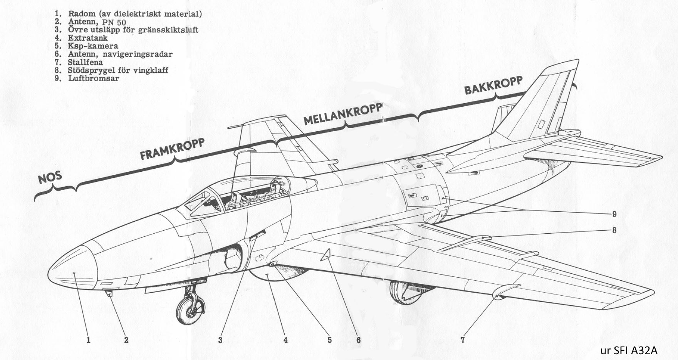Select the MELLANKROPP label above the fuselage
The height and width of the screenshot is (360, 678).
pyautogui.click(x=343, y=114)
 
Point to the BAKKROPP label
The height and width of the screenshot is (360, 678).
pyautogui.click(x=493, y=85)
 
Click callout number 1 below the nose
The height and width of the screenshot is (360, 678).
pyautogui.click(x=89, y=340)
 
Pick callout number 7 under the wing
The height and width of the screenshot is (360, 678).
pyautogui.click(x=463, y=340)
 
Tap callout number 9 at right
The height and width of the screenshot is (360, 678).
pyautogui.click(x=614, y=214)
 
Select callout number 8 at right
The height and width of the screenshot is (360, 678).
pyautogui.click(x=614, y=230)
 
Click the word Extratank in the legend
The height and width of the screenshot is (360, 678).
pyautogui.click(x=88, y=38)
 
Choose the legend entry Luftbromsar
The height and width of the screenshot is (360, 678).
pyautogui.click(x=94, y=78)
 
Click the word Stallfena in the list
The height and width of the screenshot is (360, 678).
pyautogui.click(x=85, y=62)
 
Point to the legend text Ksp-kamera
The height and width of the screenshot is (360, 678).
pyautogui.click(x=93, y=46)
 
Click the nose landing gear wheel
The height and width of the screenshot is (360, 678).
pyautogui.click(x=190, y=309)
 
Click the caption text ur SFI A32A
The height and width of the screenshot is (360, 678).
pyautogui.click(x=628, y=351)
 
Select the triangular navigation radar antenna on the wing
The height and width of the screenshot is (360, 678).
pyautogui.click(x=326, y=255)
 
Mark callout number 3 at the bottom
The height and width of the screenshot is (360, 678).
pyautogui.click(x=220, y=340)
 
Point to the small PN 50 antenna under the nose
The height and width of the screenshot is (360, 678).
pyautogui.click(x=109, y=294)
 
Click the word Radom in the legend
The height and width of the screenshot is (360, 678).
pyautogui.click(x=82, y=14)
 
